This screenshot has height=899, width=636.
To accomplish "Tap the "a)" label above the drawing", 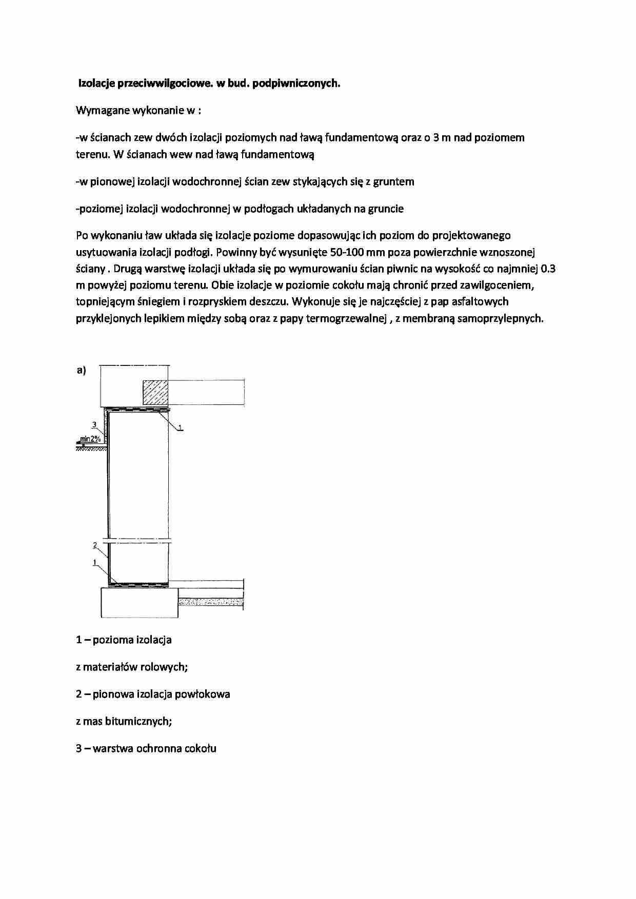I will [81, 370].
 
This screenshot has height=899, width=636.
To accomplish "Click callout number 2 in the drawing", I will [95, 544].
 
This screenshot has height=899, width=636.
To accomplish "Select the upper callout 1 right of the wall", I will [181, 427].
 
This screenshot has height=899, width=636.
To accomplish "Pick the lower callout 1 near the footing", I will [95, 562].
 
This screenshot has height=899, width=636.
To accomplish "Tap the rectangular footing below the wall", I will [139, 602].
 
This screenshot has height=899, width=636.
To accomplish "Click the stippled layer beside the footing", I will [210, 601].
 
